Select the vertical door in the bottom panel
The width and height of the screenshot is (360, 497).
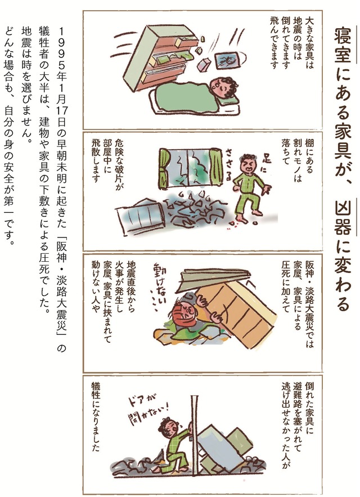coord(194,444)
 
